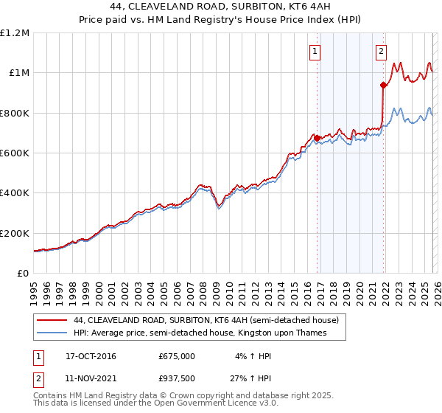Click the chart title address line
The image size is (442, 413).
(x=221, y=7)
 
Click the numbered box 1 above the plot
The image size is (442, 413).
(x=315, y=51)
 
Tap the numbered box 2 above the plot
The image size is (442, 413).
(x=381, y=51)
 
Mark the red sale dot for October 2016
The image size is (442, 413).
(x=317, y=138)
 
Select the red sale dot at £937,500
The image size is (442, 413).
(x=383, y=86)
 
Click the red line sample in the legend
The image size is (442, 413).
(x=52, y=321)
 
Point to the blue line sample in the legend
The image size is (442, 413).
(x=52, y=333)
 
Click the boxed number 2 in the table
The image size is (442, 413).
(x=38, y=377)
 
